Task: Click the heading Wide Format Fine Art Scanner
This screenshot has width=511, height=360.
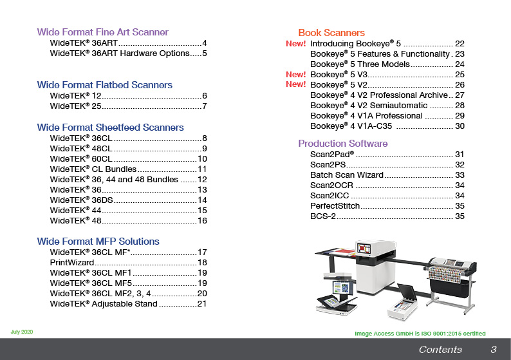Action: pos(103,32)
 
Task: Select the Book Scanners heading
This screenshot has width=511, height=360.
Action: pos(331,33)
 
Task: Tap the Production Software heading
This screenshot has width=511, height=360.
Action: pos(343,144)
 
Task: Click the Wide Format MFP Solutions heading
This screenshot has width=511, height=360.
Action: pos(98,242)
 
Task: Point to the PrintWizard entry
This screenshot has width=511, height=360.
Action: pos(71,263)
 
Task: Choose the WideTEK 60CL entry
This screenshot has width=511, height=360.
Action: pos(81,159)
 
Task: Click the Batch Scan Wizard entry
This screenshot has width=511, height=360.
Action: pos(347,175)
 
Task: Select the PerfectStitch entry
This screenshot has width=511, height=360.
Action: pos(335,206)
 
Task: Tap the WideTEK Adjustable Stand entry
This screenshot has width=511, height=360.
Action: pos(104,304)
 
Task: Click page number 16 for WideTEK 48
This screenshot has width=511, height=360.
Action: pos(202,221)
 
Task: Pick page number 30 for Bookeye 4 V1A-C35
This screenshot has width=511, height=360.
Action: pos(460,126)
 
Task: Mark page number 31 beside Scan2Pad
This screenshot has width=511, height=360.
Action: pos(460,154)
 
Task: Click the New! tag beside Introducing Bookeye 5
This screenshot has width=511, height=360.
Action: pos(295,43)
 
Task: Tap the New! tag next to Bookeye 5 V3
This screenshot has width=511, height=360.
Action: pos(295,74)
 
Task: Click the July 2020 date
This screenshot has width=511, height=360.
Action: pos(21,332)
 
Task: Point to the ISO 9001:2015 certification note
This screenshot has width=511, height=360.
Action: pos(420,334)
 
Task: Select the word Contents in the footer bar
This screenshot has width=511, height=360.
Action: pos(440,350)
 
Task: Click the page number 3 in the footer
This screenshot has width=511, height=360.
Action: pos(494,350)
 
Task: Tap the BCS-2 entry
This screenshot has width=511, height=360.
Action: pos(323,216)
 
